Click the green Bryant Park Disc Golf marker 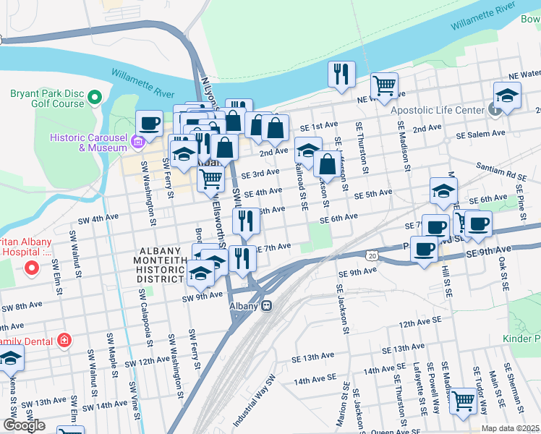(94, 96)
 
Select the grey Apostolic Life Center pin (495, 110)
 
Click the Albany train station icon (267, 306)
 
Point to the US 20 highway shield (372, 256)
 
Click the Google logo (24, 425)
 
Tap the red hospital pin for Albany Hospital (32, 269)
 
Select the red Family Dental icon (64, 339)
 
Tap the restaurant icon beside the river (340, 74)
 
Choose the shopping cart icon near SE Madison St (384, 85)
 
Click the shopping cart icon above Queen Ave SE (462, 400)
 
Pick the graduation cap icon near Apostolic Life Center (507, 95)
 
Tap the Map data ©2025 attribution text (510, 428)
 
